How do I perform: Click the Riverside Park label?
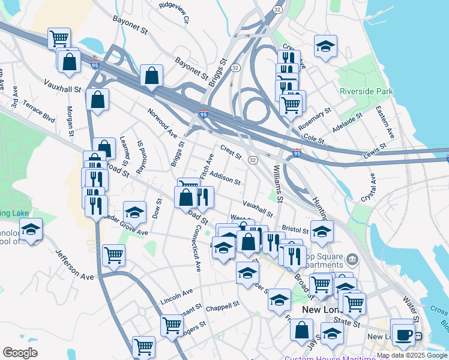click(x=366, y=91)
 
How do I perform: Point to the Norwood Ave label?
click(x=163, y=121)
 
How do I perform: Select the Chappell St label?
click(x=222, y=305)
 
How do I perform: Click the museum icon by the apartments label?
click(x=352, y=260)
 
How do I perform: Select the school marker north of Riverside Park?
click(x=325, y=47)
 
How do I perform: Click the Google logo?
click(x=20, y=353)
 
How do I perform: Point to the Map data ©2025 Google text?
click(x=412, y=355)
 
